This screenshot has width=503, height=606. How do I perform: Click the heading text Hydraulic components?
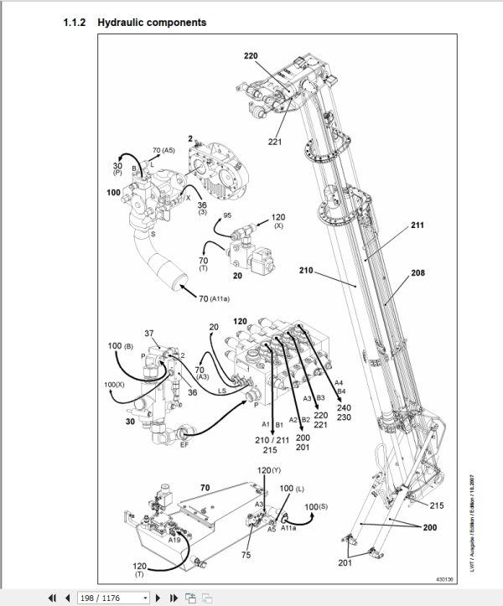152,22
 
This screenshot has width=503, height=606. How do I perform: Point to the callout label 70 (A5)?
163,151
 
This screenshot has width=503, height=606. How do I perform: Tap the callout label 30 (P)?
118,170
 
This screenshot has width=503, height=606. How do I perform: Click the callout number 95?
227,215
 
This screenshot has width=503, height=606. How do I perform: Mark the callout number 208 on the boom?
418,274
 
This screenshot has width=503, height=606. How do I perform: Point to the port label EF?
184,445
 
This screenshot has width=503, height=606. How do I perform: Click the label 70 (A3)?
201,372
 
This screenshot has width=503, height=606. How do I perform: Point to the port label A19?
174,541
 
